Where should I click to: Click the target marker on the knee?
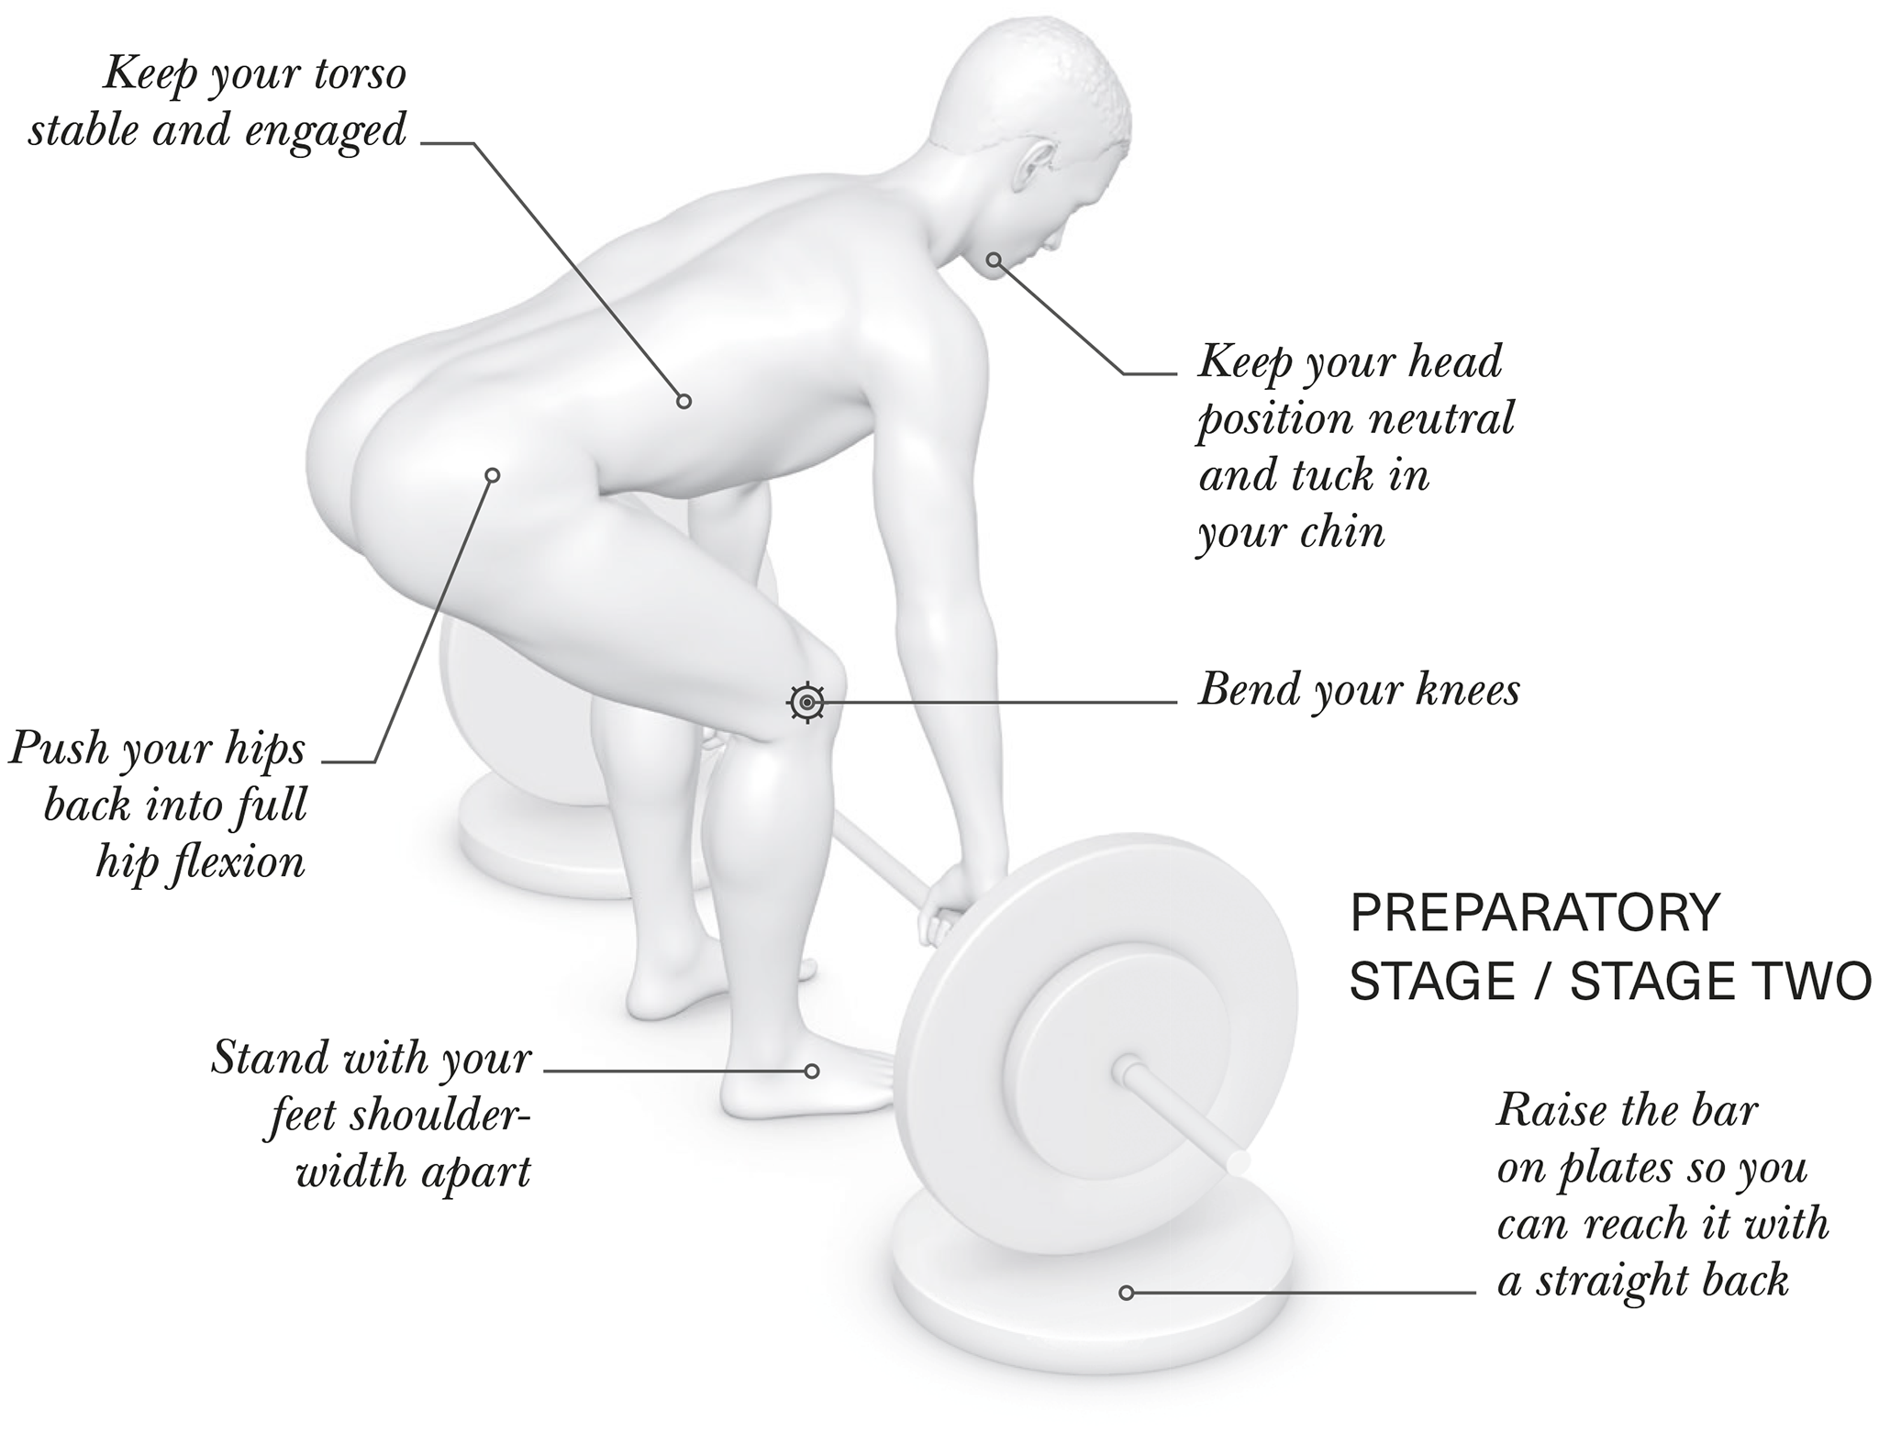806,703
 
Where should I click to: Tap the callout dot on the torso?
684,401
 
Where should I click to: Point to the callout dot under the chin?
993,260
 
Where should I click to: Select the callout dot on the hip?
492,475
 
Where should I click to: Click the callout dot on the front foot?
811,1071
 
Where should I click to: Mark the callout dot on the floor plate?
1126,1293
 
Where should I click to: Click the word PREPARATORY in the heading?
1535,913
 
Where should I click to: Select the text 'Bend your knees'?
1359,690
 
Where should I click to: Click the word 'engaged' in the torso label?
313,131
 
